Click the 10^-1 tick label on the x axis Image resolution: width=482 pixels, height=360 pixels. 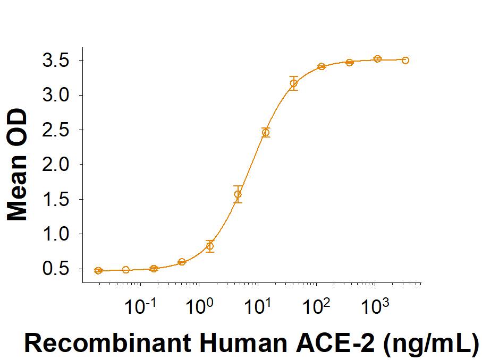click(x=139, y=307)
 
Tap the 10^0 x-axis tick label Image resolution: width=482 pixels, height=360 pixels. click(x=198, y=307)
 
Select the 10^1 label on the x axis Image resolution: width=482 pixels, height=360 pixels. click(x=257, y=307)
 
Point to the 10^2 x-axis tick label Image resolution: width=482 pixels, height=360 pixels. click(x=316, y=307)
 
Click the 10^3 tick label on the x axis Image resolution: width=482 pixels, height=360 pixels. click(x=374, y=307)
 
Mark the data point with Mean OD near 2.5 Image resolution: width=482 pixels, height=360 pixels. click(x=266, y=132)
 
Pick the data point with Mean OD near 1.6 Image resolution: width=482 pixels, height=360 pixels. click(x=238, y=194)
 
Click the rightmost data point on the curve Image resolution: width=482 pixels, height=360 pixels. click(x=405, y=61)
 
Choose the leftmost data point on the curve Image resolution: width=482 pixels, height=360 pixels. click(x=98, y=271)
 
